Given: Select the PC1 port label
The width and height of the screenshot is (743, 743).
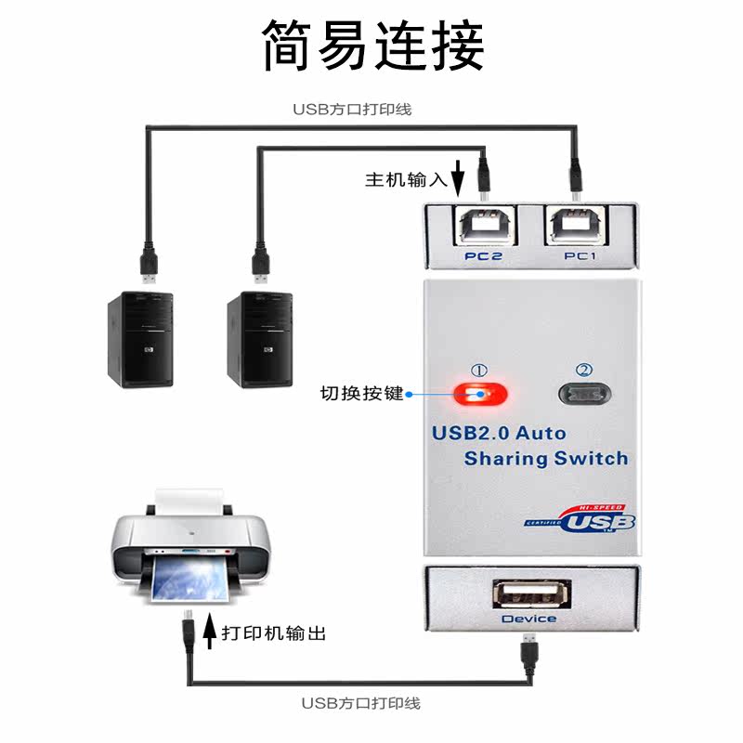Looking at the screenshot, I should [579, 255].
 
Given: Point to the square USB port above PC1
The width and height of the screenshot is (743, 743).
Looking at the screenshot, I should [578, 224].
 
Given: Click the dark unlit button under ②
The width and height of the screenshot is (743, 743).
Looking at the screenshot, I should [585, 394].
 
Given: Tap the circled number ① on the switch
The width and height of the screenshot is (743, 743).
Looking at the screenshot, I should [480, 370].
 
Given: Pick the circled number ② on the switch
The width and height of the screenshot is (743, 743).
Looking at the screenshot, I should [584, 370].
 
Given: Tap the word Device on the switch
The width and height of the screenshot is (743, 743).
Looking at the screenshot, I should [529, 619].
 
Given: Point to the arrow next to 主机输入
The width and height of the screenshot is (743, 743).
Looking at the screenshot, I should [457, 177].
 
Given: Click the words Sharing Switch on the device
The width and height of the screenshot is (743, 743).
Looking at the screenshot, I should [545, 458].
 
